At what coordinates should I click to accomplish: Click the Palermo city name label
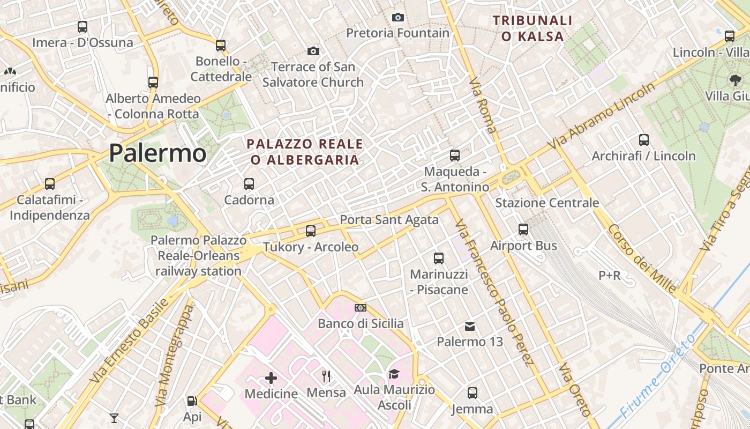tap(157, 153)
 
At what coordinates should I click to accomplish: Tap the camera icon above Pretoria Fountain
tap(397, 17)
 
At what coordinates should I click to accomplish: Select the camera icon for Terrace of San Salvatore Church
tap(313, 51)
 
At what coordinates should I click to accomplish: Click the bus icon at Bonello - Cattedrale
tap(221, 45)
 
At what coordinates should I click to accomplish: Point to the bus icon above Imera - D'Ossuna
tap(82, 26)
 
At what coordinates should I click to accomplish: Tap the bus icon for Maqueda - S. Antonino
tap(455, 156)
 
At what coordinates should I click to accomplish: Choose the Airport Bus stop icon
tap(523, 230)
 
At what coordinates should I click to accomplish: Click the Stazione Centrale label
tap(547, 203)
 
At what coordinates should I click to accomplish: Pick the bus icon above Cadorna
tap(249, 184)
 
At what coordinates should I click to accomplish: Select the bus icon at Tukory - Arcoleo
tap(311, 231)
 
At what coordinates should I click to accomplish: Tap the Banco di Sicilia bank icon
tap(361, 308)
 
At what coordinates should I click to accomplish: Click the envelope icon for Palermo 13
tap(470, 326)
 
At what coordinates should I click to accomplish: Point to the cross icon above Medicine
tap(271, 378)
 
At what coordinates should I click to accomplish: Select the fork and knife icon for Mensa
tap(326, 376)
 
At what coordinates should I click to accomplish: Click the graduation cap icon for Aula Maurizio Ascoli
tap(394, 374)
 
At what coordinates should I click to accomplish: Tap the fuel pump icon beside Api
tap(192, 401)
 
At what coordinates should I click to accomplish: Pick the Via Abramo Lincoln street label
tap(602, 116)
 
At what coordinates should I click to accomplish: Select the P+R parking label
tap(610, 276)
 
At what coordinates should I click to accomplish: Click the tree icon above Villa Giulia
tap(735, 80)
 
